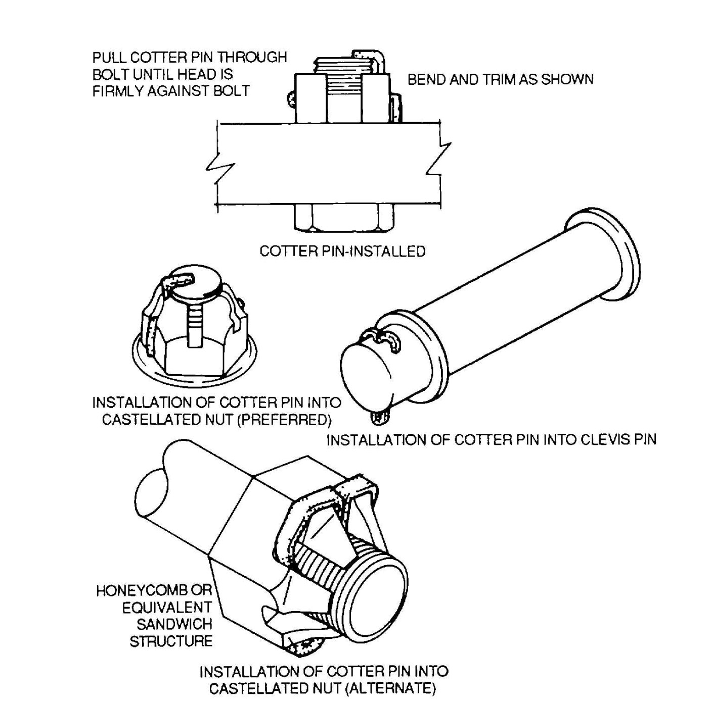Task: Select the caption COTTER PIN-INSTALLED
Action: pos(342,251)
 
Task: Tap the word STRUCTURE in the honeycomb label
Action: pos(171,641)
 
